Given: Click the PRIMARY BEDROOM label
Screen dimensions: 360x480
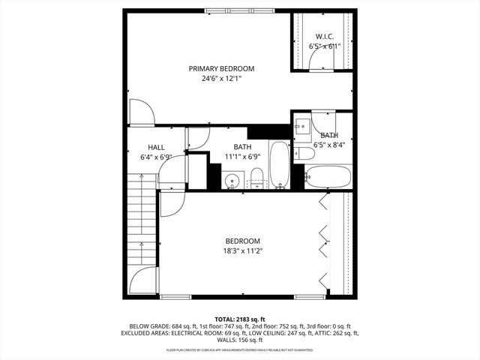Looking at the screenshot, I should coord(221,68).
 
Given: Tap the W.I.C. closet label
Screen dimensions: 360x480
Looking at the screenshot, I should coord(324,36).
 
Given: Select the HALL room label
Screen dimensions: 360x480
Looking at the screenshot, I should coord(156,148).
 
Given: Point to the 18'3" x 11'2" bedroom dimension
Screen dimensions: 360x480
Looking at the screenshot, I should coord(242,251).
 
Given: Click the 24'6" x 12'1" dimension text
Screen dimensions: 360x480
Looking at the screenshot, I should coord(221,78).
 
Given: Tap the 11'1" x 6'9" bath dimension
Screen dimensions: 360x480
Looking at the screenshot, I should coord(242,157).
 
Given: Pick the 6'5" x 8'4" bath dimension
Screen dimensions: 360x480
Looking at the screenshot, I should coord(329,145).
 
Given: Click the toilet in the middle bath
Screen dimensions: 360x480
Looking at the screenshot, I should coord(256,177).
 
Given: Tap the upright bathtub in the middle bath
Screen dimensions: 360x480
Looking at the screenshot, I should coord(278,163).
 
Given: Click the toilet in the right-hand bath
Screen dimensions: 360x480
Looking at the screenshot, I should coord(304,154).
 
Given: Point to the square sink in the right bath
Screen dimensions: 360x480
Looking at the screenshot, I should coord(303,127).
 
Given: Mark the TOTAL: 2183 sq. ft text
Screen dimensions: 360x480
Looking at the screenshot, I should coord(240,319).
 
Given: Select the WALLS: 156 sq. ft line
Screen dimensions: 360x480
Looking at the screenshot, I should coord(240,340).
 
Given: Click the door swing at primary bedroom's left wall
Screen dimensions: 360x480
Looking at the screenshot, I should coord(142,112).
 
